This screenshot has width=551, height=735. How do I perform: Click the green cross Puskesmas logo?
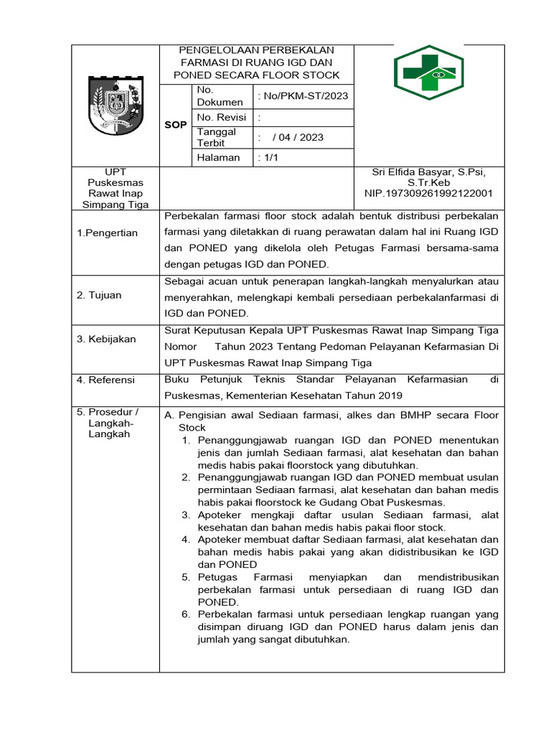pos(429,72)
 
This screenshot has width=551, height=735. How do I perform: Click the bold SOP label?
pos(176,125)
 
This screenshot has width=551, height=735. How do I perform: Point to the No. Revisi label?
pos(221,117)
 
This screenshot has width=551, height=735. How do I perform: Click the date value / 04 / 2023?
pos(298,137)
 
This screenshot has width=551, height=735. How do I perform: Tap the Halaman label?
pos(218,158)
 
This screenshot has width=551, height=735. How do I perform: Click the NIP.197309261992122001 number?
pos(428,193)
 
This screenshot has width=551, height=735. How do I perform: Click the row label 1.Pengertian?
pos(107,233)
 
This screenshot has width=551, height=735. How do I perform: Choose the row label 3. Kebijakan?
pos(106,339)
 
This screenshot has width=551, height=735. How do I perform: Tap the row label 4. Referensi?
pos(106,380)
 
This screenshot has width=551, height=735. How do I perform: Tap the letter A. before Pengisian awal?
pos(169,416)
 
